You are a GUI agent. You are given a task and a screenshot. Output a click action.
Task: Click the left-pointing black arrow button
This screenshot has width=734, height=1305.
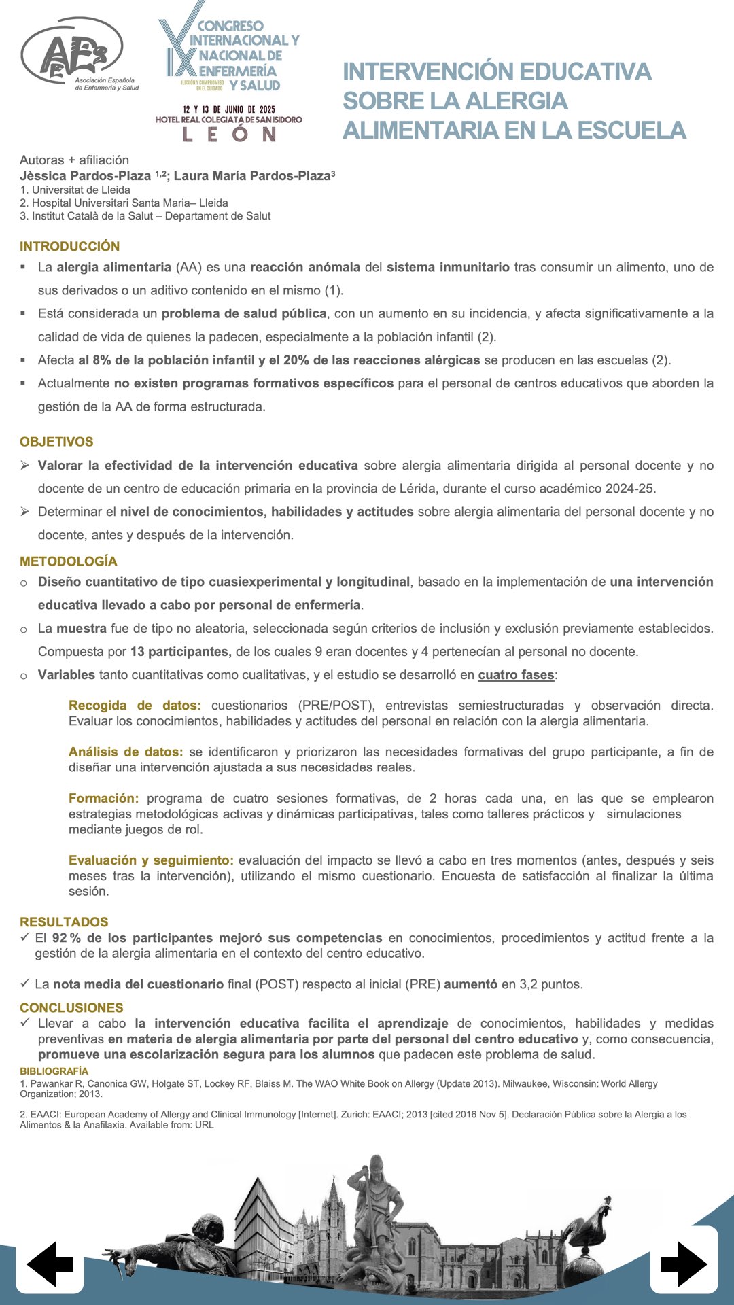[x=50, y=1264]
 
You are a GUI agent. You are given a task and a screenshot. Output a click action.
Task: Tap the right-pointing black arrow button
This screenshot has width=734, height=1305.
[x=684, y=1264]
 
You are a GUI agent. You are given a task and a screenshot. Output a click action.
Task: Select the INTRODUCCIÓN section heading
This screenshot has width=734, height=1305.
[x=69, y=246]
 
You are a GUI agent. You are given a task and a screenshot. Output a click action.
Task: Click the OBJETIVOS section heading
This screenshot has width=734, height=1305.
[x=56, y=442]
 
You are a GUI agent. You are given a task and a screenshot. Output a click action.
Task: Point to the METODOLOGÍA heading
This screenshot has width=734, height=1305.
[x=69, y=561]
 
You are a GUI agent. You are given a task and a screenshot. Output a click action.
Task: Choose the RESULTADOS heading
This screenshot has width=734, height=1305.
[x=64, y=922]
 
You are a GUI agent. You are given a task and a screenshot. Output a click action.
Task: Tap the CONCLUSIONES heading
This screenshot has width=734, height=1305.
[x=71, y=1007]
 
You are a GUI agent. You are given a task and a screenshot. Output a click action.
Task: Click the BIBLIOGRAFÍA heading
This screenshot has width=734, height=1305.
[x=54, y=1071]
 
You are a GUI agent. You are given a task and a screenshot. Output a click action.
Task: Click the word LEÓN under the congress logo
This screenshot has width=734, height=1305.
[x=229, y=134]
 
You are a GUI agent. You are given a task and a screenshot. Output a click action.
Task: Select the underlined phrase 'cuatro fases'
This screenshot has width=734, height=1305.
[x=516, y=675]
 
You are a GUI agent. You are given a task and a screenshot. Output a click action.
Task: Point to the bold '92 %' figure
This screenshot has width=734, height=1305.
[x=66, y=938]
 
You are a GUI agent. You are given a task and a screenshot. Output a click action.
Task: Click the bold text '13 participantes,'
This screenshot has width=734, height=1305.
[x=181, y=652]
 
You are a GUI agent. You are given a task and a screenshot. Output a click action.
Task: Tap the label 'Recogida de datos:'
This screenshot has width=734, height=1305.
[x=135, y=706]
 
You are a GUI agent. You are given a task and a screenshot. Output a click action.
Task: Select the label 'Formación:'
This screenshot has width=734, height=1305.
[x=103, y=798]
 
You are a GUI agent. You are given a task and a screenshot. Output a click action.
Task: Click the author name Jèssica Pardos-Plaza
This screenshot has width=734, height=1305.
[x=85, y=176]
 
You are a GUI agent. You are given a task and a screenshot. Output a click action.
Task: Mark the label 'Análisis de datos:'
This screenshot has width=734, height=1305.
[x=126, y=752]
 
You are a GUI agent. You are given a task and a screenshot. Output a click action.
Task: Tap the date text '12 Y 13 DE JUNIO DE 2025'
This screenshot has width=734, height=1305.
[x=228, y=109]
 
